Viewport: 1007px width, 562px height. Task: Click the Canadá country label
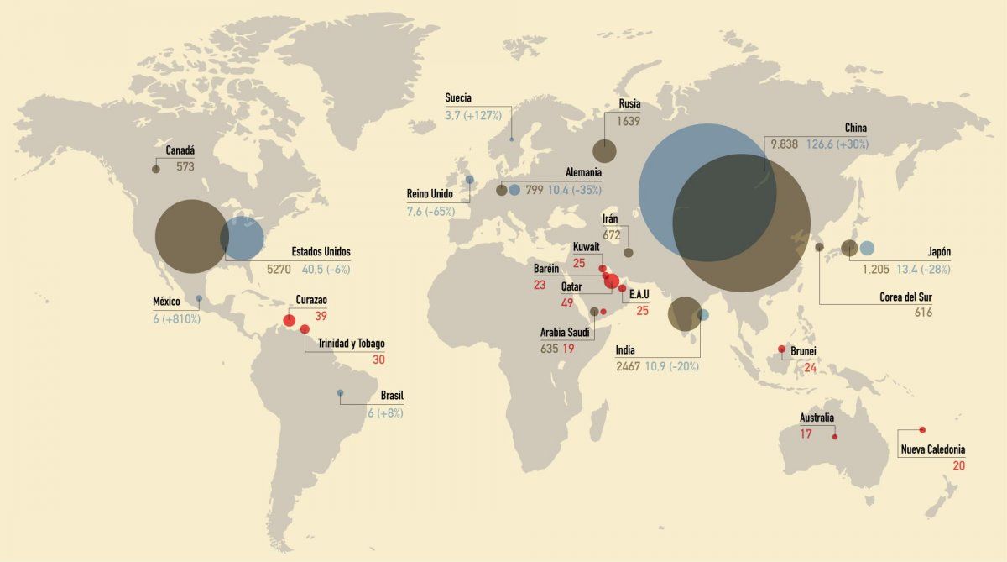pos(180,150)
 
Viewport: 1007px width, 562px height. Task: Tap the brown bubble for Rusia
pos(604,151)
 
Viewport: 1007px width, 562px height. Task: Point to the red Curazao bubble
pos(290,320)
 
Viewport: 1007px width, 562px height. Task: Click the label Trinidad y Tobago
pos(351,344)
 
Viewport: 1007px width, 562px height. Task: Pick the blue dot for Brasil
pos(340,393)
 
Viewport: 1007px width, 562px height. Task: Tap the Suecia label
pos(458,98)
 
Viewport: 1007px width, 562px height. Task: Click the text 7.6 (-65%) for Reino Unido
pos(430,211)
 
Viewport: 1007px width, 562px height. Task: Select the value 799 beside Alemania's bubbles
pos(534,190)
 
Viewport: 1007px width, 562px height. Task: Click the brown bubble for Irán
pos(628,253)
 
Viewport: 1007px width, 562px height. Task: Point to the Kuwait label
pos(586,247)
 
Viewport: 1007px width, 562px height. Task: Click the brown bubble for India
pos(684,314)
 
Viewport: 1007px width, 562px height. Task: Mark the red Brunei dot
pos(781,349)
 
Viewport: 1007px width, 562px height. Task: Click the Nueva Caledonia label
pos(933,450)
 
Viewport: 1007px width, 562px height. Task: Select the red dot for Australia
pos(835,437)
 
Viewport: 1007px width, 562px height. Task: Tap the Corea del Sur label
pos(906,297)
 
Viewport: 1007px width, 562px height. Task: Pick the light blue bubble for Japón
pos(867,248)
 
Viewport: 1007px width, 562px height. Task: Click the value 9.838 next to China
pos(785,144)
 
